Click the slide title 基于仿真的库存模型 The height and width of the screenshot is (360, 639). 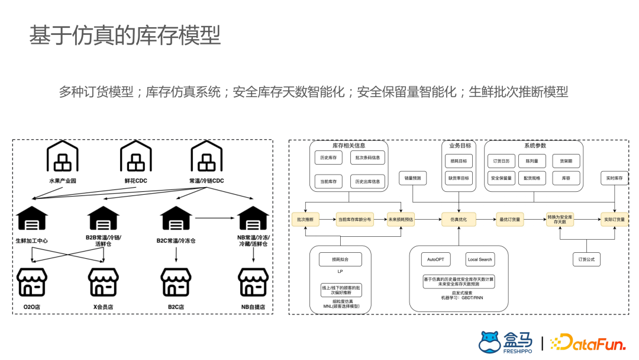(125, 36)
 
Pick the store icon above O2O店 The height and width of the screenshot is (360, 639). (32, 282)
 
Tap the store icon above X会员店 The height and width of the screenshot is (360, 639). (103, 282)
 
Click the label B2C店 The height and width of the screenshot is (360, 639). (175, 307)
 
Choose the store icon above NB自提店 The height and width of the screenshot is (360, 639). (253, 282)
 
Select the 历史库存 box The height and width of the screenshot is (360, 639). (328, 159)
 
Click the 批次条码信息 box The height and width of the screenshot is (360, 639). (367, 159)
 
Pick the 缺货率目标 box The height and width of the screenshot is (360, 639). (459, 178)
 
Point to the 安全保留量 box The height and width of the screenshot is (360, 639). (501, 178)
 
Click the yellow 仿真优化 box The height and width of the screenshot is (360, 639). (459, 219)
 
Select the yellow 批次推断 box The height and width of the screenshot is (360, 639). (305, 219)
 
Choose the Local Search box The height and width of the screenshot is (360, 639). (480, 259)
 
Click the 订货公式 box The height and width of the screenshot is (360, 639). (587, 259)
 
